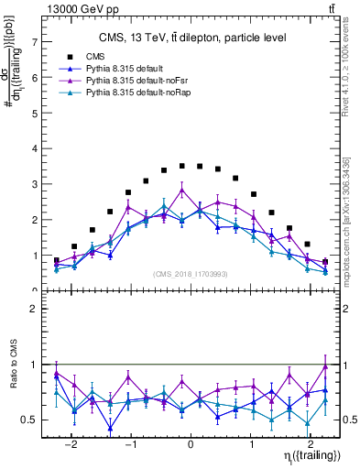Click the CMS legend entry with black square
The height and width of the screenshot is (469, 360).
108,57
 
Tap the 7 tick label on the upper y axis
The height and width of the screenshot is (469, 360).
35,42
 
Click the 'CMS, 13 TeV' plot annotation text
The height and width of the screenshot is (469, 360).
192,38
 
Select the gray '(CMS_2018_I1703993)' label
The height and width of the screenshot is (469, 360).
191,274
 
